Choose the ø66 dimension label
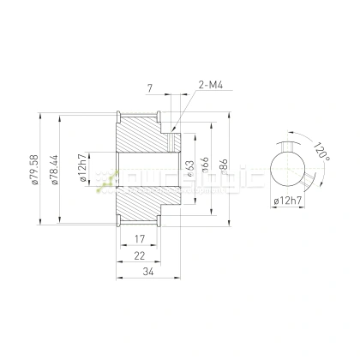click(205, 166)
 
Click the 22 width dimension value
click(140, 255)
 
